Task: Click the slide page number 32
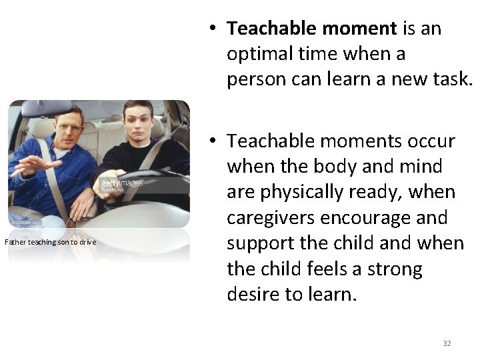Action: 447,343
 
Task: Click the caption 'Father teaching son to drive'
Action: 51,241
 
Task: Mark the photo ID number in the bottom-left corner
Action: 24,223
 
